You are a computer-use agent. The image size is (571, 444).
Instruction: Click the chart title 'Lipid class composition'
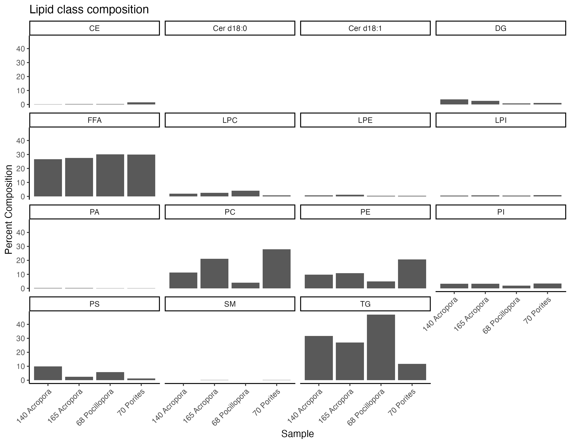point(89,10)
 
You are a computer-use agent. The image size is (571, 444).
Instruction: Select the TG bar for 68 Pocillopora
point(381,347)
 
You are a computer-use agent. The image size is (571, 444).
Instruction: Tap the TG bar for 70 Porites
point(412,372)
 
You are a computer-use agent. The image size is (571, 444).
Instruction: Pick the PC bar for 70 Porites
point(276,269)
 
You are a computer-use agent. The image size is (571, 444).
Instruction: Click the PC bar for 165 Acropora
point(214,274)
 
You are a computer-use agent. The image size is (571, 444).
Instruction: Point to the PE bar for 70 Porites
point(412,274)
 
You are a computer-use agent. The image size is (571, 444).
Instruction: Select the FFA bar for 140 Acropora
point(48,178)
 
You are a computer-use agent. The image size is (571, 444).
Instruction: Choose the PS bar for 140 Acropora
point(48,373)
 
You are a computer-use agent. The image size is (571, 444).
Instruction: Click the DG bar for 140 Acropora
point(454,102)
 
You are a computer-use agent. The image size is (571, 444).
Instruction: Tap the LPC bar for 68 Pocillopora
point(245,194)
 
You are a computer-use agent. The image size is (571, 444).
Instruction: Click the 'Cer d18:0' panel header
point(230,28)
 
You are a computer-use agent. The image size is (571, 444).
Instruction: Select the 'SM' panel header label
point(230,304)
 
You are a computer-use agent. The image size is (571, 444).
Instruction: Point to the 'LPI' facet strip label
point(501,120)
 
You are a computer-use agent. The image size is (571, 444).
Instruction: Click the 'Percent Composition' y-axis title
point(9,209)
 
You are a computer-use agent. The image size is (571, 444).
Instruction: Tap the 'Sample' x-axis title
point(297,434)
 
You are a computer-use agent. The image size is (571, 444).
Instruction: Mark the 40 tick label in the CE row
point(21,49)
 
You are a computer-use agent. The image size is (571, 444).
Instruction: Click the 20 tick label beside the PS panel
point(21,352)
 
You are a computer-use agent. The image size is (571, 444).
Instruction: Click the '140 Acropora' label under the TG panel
point(305,406)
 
